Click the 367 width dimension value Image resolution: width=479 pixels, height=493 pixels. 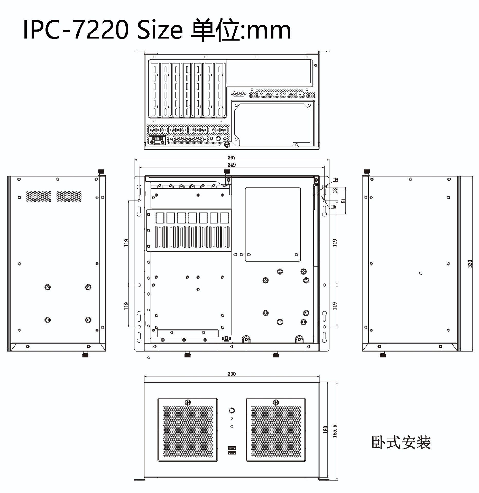232,157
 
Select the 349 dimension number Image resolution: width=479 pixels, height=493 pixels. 232,165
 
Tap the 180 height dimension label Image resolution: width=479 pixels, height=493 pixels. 325,430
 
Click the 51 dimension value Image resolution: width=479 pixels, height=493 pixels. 344,200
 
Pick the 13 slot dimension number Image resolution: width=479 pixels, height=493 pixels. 335,191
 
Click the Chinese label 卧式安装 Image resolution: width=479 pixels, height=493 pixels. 401,442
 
